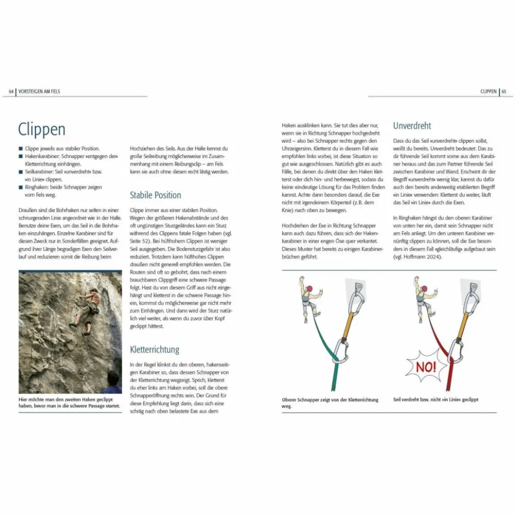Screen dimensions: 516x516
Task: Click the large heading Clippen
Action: tap(42, 130)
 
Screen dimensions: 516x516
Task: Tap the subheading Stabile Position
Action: tap(155, 195)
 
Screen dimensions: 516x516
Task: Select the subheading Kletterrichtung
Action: tap(154, 349)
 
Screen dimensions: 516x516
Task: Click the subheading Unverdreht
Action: tap(412, 126)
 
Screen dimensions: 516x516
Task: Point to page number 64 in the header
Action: tap(11, 92)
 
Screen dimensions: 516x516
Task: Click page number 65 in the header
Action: tap(504, 92)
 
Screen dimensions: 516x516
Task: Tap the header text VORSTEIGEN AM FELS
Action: tap(39, 92)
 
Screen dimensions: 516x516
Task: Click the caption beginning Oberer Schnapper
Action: tap(330, 403)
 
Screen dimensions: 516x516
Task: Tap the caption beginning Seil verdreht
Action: tap(436, 400)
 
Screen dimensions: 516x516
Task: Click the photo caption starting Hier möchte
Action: tap(69, 403)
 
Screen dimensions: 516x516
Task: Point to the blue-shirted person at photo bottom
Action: tap(112, 383)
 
